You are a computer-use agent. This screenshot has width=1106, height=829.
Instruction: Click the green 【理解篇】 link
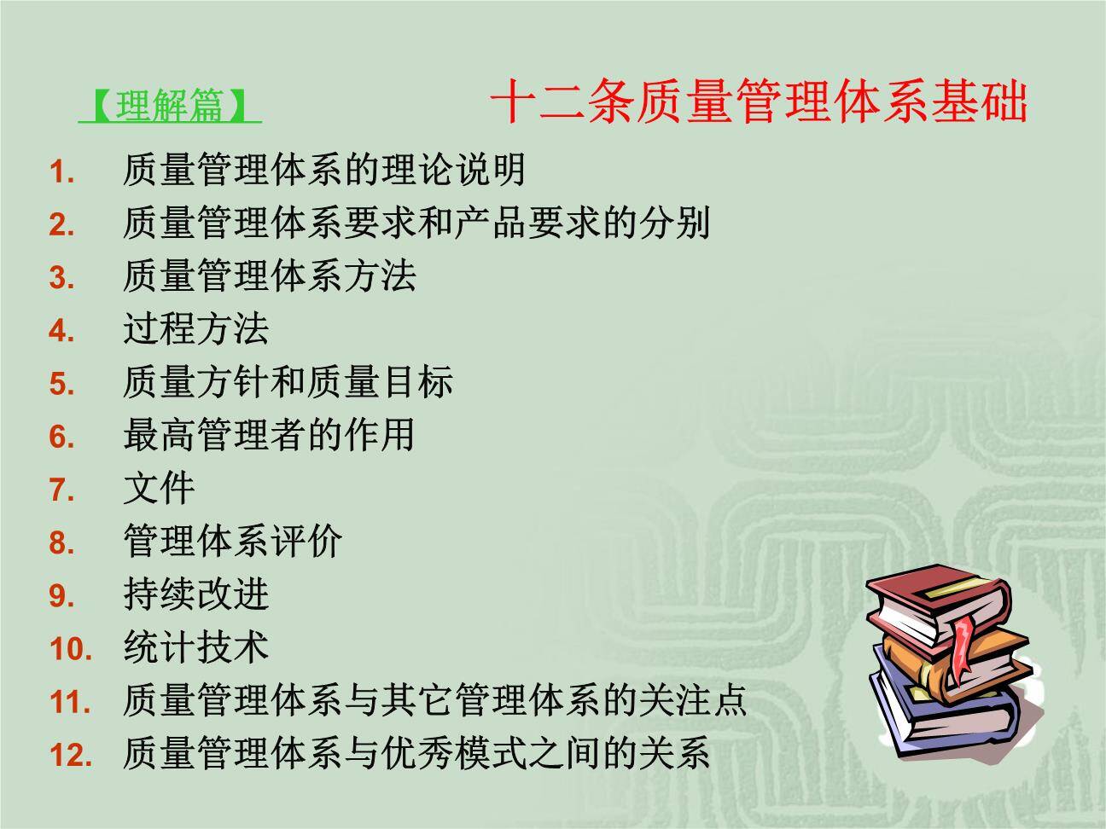coord(170,106)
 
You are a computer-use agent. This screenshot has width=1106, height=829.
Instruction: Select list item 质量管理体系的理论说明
coord(324,170)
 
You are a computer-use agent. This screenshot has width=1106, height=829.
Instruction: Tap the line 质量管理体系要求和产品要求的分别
coord(416,223)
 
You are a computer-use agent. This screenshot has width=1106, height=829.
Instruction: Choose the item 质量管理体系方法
coord(270,275)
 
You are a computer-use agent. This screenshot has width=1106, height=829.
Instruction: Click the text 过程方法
coord(196,328)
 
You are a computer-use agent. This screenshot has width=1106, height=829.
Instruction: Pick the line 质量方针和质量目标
coord(288,381)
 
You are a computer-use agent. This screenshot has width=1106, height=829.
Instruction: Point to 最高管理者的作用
coord(269,434)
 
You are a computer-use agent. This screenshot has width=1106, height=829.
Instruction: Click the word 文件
coord(160,488)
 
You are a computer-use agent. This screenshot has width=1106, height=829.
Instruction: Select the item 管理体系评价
coord(233,541)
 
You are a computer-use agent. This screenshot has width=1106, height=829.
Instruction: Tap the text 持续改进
coord(196,594)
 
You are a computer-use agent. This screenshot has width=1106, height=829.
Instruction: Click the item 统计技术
coord(196,646)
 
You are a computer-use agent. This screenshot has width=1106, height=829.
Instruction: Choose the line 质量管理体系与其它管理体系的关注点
coord(435,700)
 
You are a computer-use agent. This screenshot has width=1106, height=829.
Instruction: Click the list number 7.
coord(62,490)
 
